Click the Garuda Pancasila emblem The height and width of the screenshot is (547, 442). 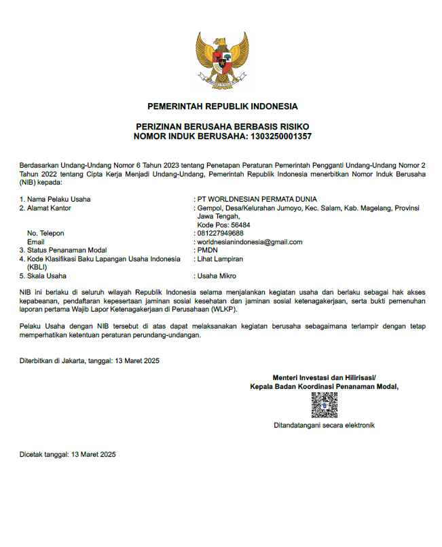tap(222, 60)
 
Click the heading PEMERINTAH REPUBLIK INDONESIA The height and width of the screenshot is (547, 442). tap(222, 107)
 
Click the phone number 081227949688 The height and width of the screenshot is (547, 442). tap(220, 233)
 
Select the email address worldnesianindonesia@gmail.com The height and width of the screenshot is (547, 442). tap(249, 242)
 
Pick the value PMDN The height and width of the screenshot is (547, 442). tap(207, 250)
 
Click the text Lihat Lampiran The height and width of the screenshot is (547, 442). tap(220, 259)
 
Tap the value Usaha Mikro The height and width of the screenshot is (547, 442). tap(217, 276)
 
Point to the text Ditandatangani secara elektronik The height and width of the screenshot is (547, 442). tap(324, 426)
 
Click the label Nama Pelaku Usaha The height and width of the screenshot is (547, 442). tap(58, 199)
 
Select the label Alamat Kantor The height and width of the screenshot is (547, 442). tap(49, 208)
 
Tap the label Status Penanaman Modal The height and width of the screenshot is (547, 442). tap(67, 250)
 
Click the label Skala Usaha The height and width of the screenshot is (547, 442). tap(47, 276)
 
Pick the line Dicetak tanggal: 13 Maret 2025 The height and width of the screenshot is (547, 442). tap(67, 455)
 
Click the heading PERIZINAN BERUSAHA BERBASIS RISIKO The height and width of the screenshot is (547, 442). tap(222, 127)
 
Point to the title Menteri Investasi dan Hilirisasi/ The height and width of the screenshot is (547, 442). tap(324, 377)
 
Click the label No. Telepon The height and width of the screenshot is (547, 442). tap(45, 233)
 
